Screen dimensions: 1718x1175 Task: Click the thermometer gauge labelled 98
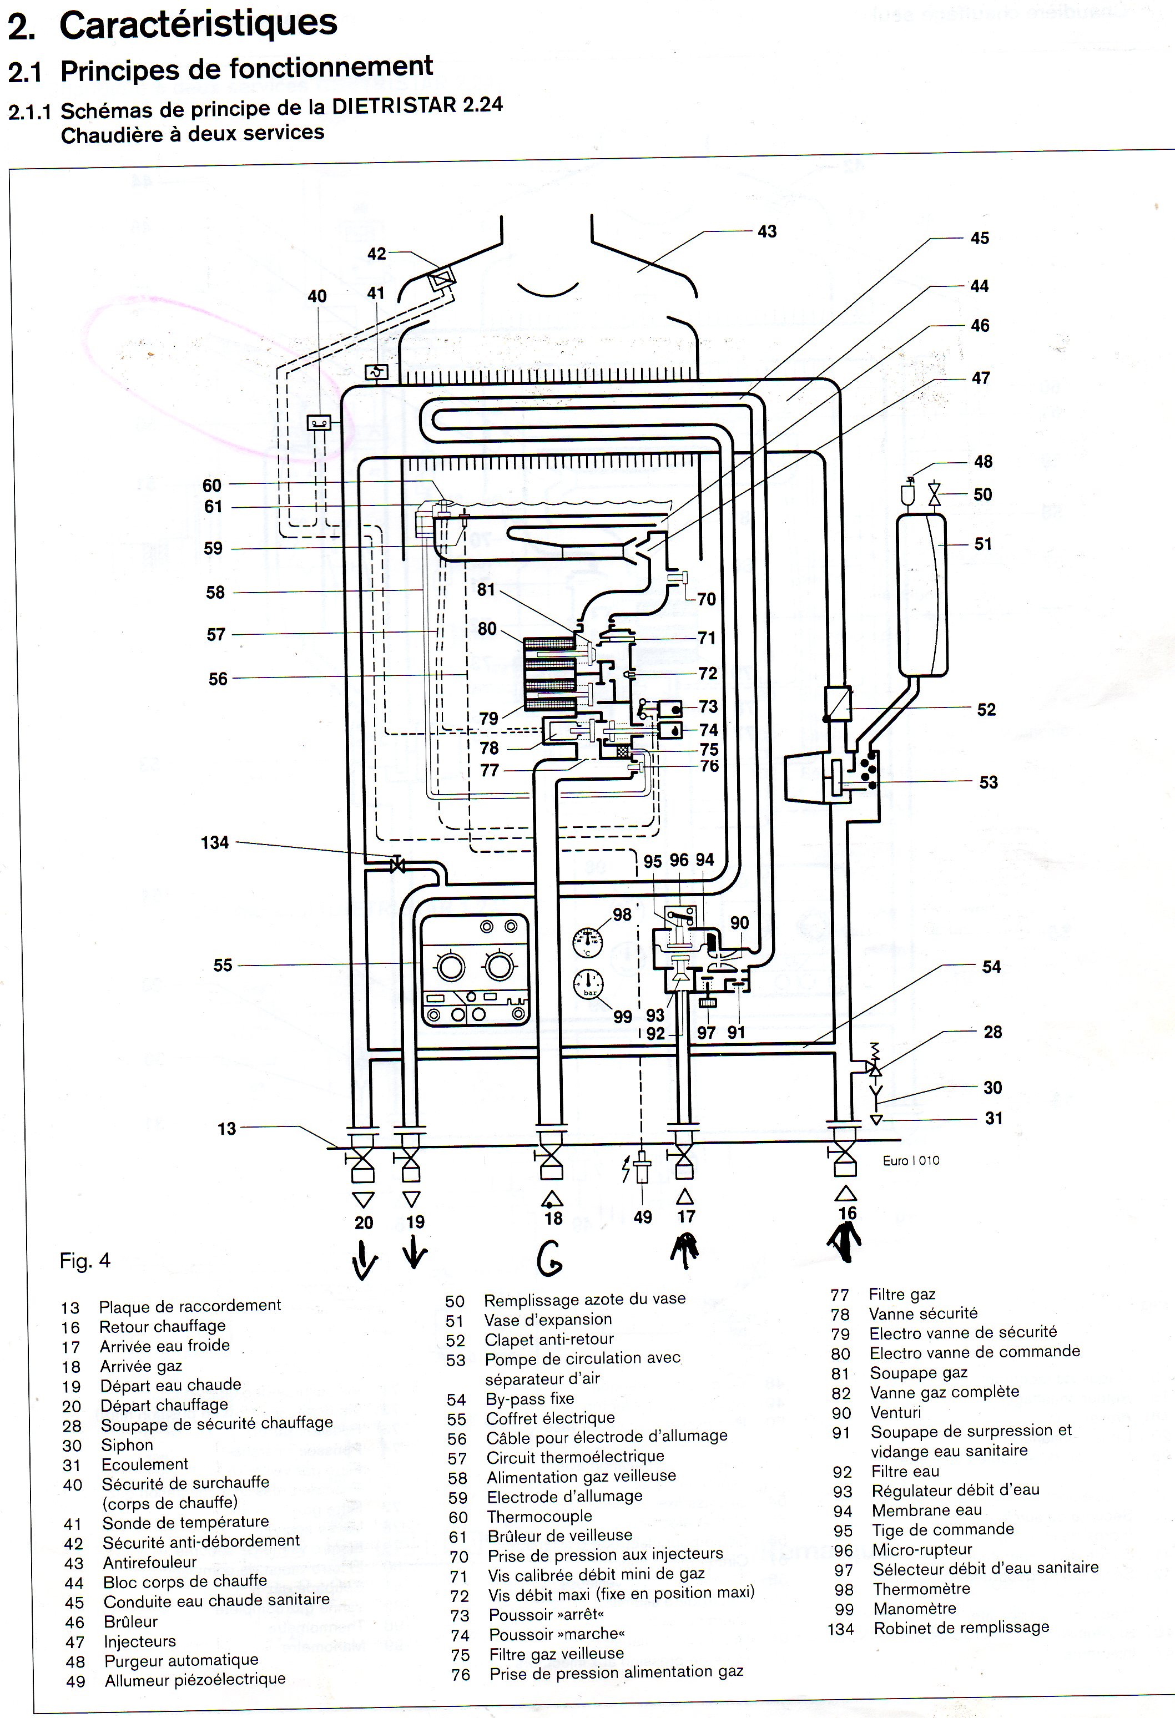click(588, 943)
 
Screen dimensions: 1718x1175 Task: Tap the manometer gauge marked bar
click(588, 983)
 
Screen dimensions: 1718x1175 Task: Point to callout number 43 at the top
click(767, 231)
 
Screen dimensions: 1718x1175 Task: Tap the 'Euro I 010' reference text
click(911, 1161)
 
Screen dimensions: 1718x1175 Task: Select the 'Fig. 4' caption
click(85, 1260)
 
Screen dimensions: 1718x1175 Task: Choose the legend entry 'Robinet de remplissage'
click(961, 1628)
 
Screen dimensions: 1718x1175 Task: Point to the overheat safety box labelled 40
click(318, 423)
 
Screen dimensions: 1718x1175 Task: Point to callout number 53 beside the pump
click(988, 782)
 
